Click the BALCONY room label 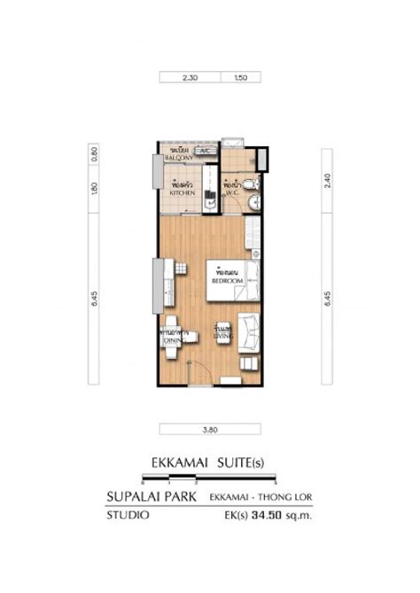[180, 156]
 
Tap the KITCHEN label [183, 189]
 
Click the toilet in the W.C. [252, 183]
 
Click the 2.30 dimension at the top [189, 78]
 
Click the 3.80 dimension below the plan [209, 430]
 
